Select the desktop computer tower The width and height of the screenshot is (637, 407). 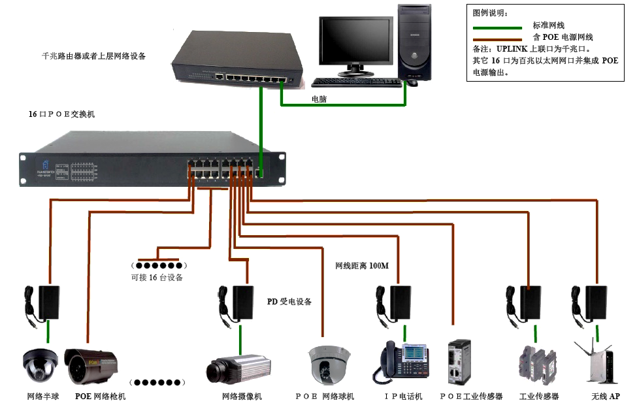pyautogui.click(x=416, y=43)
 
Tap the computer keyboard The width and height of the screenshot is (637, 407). pyautogui.click(x=355, y=82)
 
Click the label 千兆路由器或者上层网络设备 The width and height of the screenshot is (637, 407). pyautogui.click(x=93, y=56)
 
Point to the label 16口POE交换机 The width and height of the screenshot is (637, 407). pyautogui.click(x=61, y=114)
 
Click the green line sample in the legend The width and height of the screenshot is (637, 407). pyautogui.click(x=497, y=27)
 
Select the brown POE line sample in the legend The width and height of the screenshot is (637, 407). pyautogui.click(x=497, y=39)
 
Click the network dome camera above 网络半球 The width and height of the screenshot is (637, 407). pyautogui.click(x=41, y=366)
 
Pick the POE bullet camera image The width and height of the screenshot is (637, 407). pyautogui.click(x=91, y=366)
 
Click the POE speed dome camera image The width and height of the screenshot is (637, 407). pyautogui.click(x=329, y=365)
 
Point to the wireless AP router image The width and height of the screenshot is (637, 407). pyautogui.click(x=595, y=362)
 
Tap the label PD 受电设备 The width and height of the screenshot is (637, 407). pyautogui.click(x=289, y=302)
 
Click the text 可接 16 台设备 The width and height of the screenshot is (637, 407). pyautogui.click(x=157, y=278)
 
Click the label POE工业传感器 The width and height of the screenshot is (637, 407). pyautogui.click(x=471, y=397)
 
